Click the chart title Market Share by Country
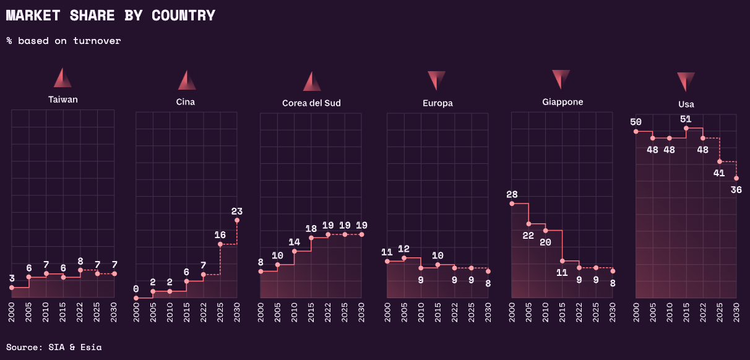(111, 15)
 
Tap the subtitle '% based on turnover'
(64, 41)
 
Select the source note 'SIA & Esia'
(54, 347)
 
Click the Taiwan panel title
(63, 99)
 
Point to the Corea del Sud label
(311, 103)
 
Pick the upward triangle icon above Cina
(187, 80)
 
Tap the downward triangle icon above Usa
(686, 82)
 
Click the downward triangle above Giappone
(561, 79)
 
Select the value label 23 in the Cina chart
(237, 212)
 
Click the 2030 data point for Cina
(237, 220)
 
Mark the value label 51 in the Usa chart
(686, 119)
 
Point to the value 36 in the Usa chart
(736, 190)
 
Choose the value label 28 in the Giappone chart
(512, 194)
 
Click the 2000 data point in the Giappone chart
(512, 204)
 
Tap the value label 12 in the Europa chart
(404, 249)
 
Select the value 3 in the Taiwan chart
(12, 278)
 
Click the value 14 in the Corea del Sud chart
(294, 242)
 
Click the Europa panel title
(437, 103)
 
